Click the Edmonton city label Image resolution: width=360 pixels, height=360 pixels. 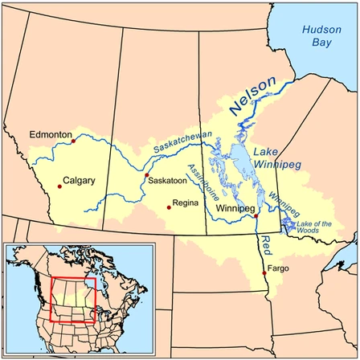pos(51,135)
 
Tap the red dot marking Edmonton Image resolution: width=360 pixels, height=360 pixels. pos(73,141)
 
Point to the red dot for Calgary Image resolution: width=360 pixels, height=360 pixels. pos(59,187)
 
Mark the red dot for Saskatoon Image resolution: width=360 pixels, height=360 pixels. pos(146,175)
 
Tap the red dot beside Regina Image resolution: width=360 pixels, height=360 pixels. pos(169,207)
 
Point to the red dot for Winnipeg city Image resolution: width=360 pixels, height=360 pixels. pos(256,216)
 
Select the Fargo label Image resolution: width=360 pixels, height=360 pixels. pos(276,268)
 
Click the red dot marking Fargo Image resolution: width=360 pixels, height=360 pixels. pos(264,273)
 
